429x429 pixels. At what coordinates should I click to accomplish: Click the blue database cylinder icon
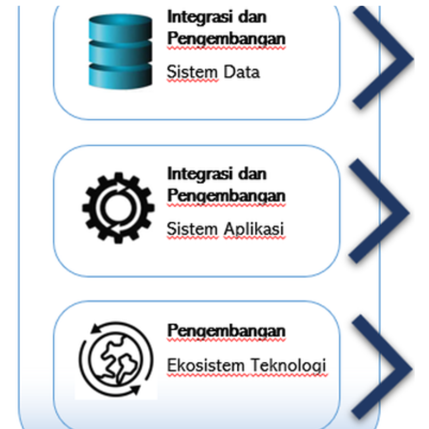coord(120,50)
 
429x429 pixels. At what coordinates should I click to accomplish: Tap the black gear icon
coord(118,207)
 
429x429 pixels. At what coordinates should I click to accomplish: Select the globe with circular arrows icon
coord(116,358)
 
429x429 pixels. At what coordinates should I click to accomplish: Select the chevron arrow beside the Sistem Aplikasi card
coord(379,211)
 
